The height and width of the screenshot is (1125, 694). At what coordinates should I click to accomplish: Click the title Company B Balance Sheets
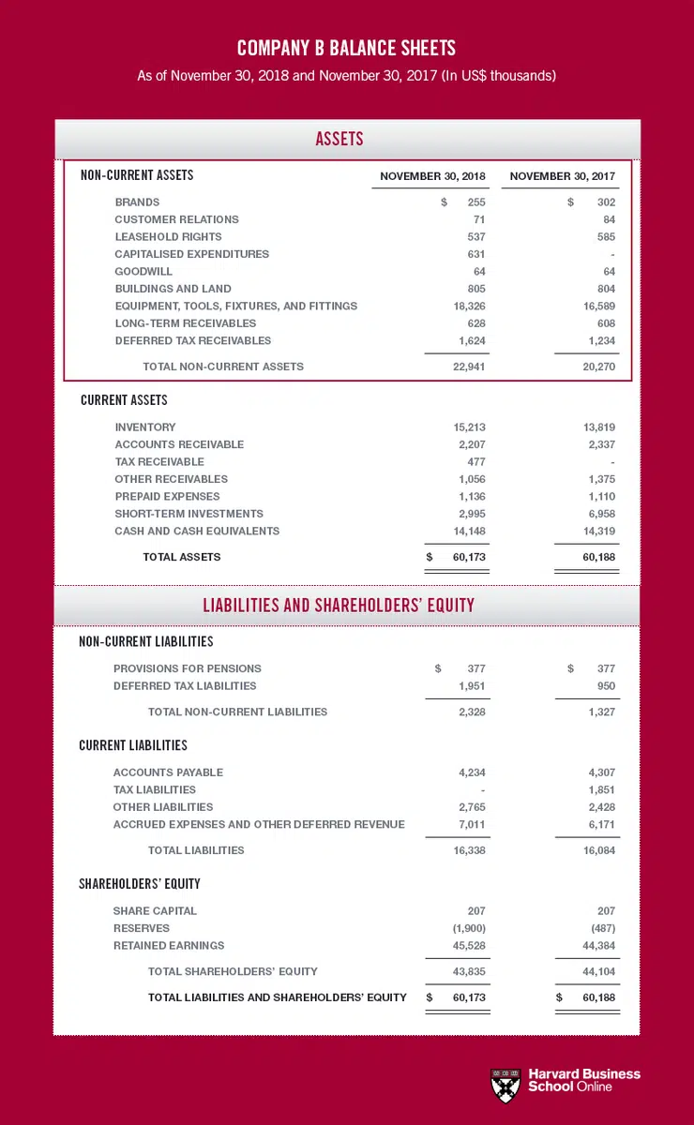[346, 48]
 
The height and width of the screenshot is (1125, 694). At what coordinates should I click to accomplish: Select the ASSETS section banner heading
[339, 140]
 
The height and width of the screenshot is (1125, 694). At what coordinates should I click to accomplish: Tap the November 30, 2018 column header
[432, 176]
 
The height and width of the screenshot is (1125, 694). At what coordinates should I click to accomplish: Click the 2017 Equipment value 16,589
[596, 307]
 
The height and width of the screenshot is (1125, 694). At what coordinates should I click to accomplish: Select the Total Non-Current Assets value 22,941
[469, 367]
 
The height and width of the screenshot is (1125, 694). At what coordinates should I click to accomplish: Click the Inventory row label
[145, 427]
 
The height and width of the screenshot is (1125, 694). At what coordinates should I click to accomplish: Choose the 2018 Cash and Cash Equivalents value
[469, 532]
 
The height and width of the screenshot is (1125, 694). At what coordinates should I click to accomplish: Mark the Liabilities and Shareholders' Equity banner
[339, 606]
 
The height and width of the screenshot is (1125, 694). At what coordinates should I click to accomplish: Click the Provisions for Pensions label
[188, 669]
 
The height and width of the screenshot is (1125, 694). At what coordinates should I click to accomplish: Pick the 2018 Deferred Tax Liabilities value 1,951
[472, 686]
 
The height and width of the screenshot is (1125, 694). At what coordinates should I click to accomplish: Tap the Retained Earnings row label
[169, 946]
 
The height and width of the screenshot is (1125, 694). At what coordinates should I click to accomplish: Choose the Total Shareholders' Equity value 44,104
[596, 972]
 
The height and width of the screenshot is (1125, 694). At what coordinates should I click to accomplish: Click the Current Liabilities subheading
[133, 746]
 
